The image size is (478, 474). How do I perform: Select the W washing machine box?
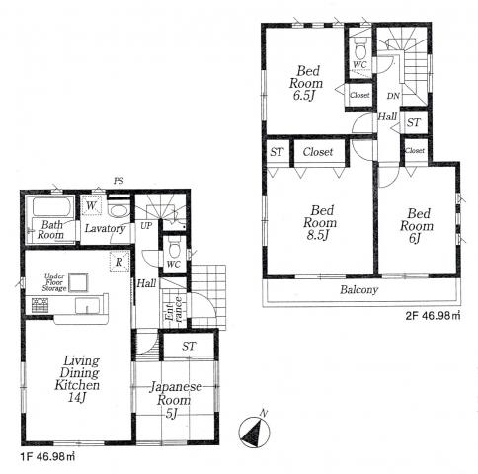(x=91, y=206)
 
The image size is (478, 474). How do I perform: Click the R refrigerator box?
(x=119, y=263)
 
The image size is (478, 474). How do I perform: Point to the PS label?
(x=119, y=181)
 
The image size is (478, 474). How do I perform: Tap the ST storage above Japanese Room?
(x=188, y=347)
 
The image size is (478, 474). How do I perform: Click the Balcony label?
(x=359, y=290)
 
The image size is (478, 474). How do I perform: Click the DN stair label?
(x=393, y=96)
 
